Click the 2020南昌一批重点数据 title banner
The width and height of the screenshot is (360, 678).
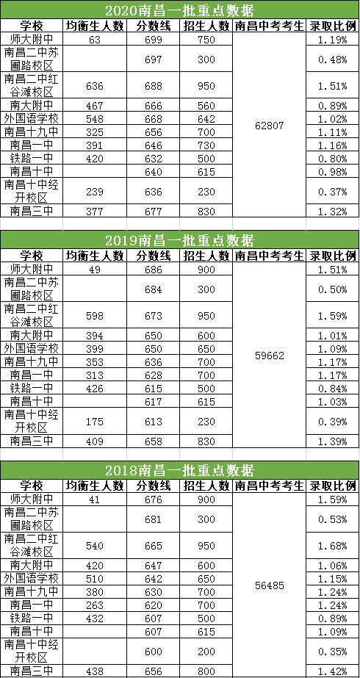[x=179, y=10]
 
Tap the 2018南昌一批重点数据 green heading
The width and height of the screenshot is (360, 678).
[x=179, y=470]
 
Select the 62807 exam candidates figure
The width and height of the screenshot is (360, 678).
[x=269, y=126]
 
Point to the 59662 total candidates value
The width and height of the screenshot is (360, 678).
[x=269, y=356]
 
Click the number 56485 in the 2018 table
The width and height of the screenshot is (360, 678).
[x=269, y=586]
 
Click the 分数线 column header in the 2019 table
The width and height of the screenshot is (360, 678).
[x=154, y=256]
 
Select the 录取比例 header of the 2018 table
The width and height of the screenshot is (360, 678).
[x=332, y=486]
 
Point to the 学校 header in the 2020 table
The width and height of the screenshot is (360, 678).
[x=32, y=26]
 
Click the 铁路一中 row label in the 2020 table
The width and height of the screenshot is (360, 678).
[x=32, y=158]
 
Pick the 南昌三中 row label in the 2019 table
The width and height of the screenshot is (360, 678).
[x=32, y=441]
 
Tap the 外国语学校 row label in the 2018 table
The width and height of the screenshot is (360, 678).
[x=32, y=578]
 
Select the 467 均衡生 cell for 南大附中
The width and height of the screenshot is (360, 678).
[x=95, y=106]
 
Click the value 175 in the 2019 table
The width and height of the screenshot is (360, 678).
[x=95, y=422]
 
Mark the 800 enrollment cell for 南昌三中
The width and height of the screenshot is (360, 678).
[x=206, y=671]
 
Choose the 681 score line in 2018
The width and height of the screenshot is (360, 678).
[x=154, y=519]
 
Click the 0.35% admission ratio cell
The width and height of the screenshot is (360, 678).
[x=332, y=652]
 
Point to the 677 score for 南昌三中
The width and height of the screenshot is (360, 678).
[x=154, y=212]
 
